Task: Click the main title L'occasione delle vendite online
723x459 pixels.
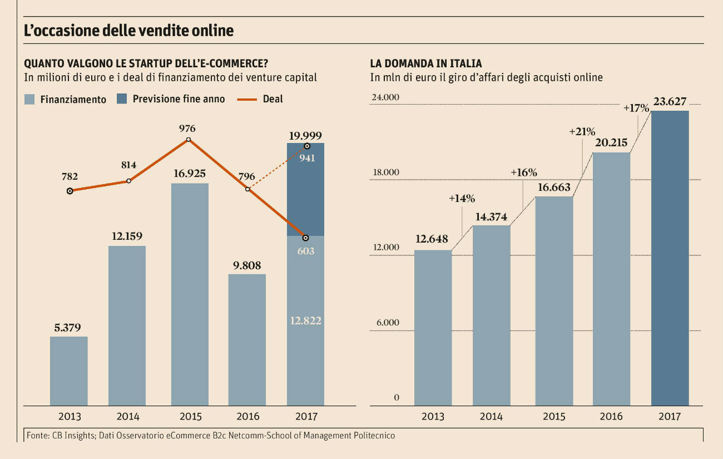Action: (x=128, y=31)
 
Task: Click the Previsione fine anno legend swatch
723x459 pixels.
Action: (x=122, y=99)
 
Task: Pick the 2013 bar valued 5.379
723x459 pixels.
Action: (x=69, y=371)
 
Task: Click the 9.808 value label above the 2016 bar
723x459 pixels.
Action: (x=247, y=265)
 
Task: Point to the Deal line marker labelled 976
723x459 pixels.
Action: (x=188, y=140)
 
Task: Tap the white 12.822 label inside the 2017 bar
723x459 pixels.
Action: (x=305, y=320)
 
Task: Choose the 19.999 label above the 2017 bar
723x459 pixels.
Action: (x=305, y=135)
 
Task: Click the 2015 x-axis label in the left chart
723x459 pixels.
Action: (x=190, y=417)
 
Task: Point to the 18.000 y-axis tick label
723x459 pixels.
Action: (x=385, y=172)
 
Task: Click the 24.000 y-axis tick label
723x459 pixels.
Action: (x=385, y=97)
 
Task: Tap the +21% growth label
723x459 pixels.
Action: (x=582, y=132)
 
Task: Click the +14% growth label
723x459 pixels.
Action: (x=462, y=199)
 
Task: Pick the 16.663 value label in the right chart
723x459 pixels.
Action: (x=554, y=187)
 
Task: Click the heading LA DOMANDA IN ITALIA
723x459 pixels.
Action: (x=426, y=63)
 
